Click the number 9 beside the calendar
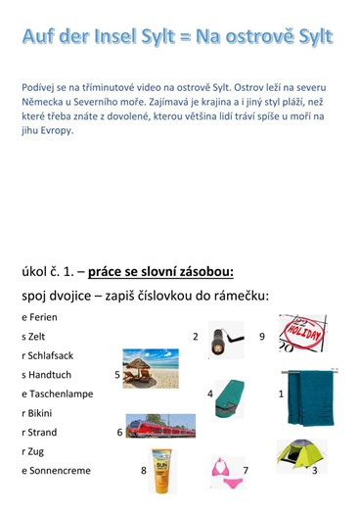click(x=262, y=337)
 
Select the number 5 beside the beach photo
click(x=117, y=374)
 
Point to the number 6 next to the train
click(x=119, y=432)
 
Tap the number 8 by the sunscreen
click(x=144, y=470)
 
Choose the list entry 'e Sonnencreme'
click(x=56, y=471)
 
